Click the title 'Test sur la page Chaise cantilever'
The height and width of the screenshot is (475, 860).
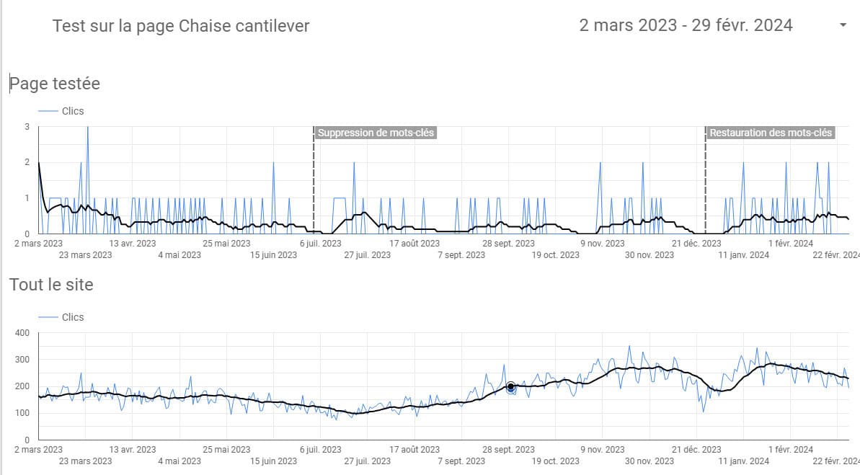181,26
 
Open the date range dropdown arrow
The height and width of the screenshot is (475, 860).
843,25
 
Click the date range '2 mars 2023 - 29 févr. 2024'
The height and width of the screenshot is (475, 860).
686,25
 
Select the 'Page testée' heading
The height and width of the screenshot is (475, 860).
55,84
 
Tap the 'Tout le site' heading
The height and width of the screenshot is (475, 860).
51,285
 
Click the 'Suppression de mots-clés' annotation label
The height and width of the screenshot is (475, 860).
376,133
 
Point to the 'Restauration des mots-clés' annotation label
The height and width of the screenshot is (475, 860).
771,133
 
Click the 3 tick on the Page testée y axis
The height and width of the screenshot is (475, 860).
27,127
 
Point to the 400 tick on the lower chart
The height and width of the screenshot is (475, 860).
21,333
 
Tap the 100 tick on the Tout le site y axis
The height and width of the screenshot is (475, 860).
21,413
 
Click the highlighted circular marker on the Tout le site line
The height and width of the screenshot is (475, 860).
510,387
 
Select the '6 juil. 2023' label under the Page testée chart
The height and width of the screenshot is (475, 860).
320,244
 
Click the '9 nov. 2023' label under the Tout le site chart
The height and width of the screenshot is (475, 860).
603,450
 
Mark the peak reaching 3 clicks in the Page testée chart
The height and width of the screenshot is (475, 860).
88,128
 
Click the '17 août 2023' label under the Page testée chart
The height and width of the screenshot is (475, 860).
415,244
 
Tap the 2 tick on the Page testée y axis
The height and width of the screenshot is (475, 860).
27,162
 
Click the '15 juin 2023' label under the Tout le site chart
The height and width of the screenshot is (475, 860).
273,461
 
